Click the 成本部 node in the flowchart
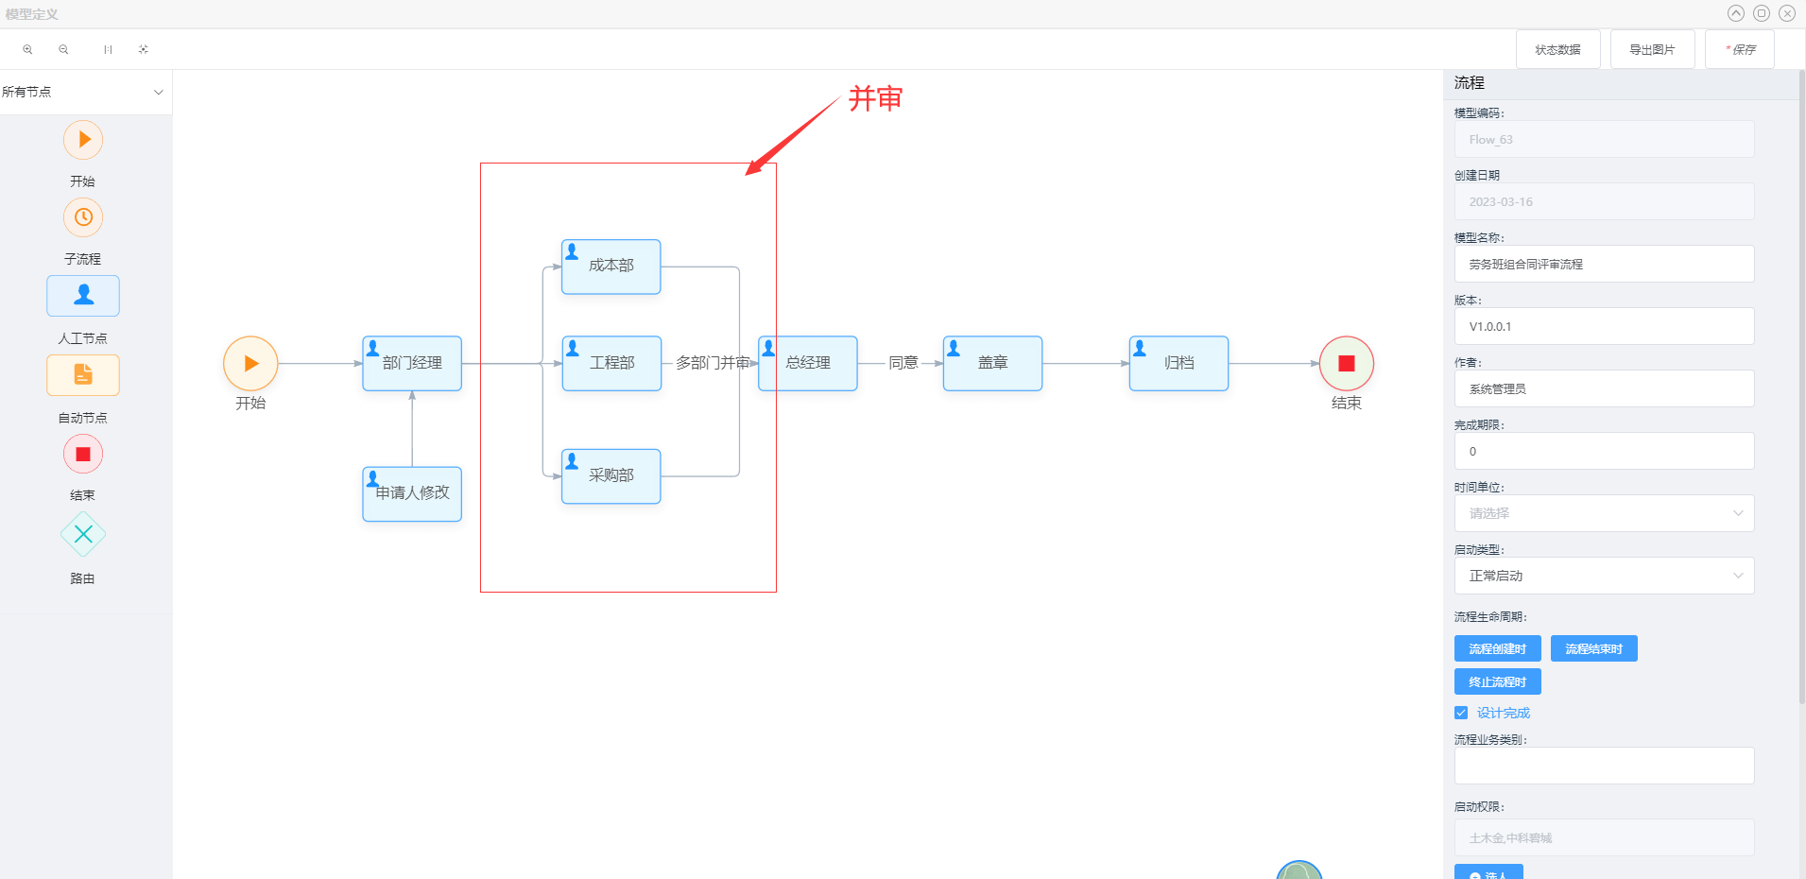point(611,267)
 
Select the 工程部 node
point(611,363)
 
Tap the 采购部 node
point(611,475)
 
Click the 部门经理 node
point(412,363)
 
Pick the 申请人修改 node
point(412,493)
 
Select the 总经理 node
point(808,363)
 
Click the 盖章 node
point(992,363)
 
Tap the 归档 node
point(1178,363)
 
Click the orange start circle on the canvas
point(250,363)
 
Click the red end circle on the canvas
point(1346,363)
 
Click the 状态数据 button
point(1557,49)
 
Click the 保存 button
point(1739,49)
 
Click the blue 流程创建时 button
point(1497,648)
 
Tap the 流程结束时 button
point(1593,648)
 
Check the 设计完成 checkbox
point(1461,713)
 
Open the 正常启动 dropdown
point(1604,576)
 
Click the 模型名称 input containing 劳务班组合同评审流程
point(1604,264)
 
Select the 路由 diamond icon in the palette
point(83,535)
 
